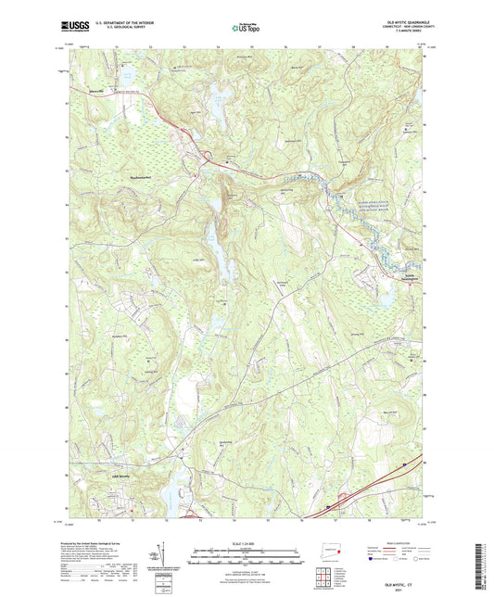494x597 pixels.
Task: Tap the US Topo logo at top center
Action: pos(246,28)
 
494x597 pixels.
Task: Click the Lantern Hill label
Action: pos(230,197)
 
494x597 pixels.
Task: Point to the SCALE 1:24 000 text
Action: pos(246,542)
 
